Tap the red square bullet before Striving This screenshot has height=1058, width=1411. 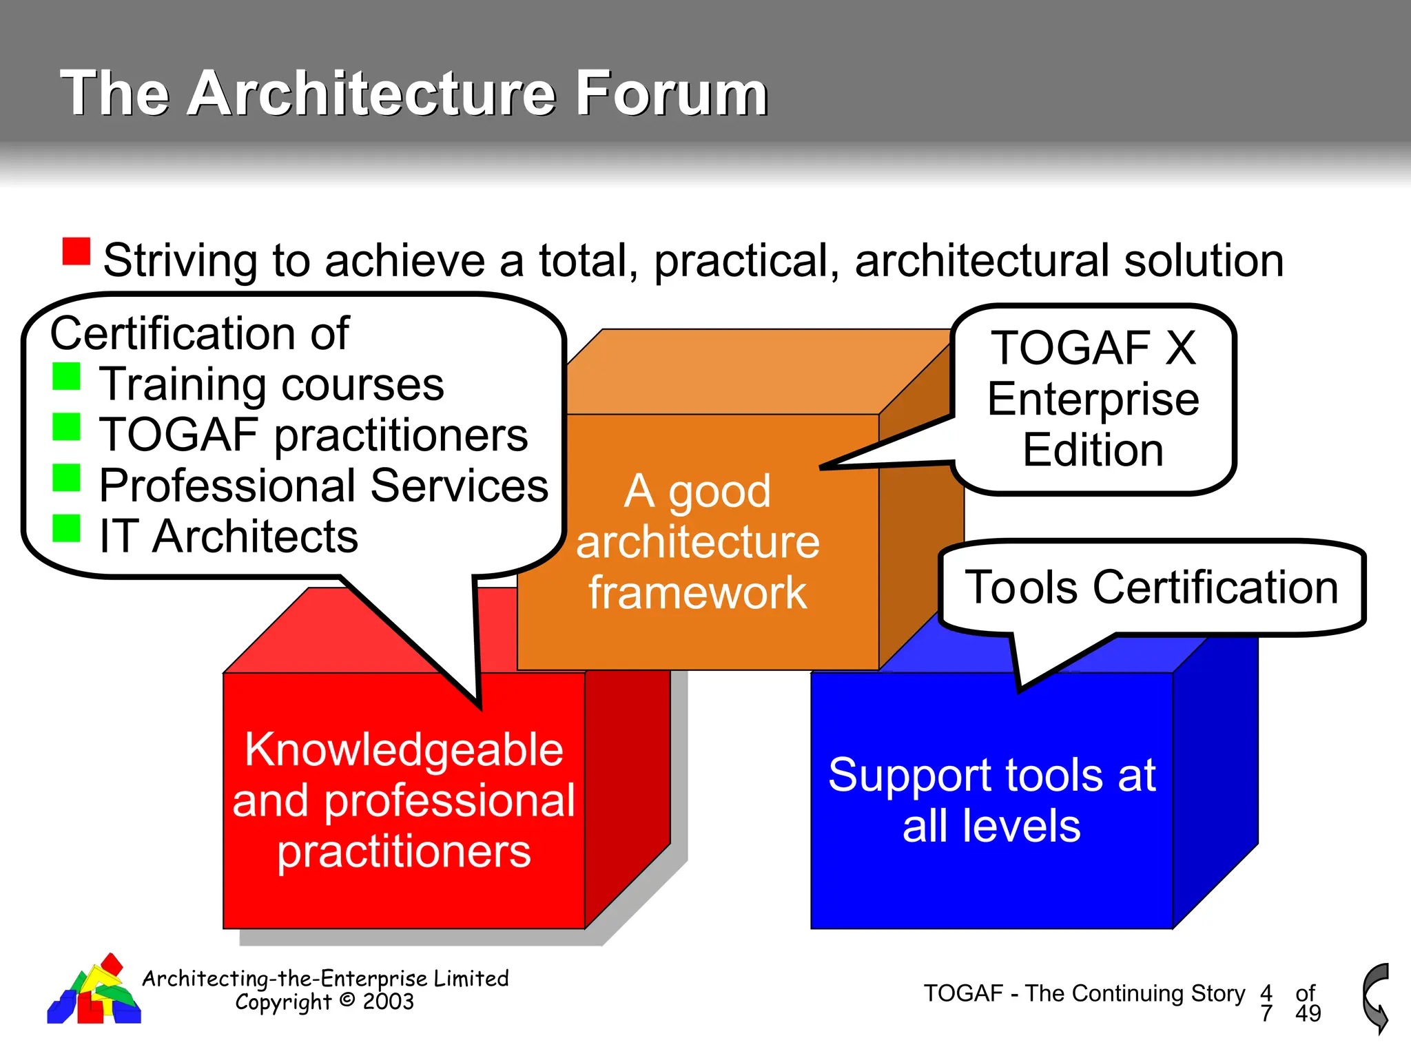coord(76,251)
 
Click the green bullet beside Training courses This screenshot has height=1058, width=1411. coord(67,376)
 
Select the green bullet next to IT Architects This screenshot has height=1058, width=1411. coord(67,528)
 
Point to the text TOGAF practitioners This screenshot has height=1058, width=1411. coord(313,435)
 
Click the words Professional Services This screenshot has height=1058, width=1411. coord(324,486)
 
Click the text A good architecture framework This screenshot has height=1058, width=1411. coord(697,542)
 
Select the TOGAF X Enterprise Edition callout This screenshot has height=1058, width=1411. coord(1093,400)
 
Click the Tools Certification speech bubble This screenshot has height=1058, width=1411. coord(1151,588)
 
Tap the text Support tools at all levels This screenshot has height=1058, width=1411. coord(991,800)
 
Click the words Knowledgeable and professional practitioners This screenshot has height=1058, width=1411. coord(404,800)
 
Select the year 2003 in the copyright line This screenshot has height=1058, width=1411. coord(389,1002)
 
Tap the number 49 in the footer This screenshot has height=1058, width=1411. coord(1308,1013)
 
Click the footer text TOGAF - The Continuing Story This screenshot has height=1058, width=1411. coord(1084,993)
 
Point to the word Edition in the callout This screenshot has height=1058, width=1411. coord(1093,450)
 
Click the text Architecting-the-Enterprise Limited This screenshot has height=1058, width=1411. coord(325,978)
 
